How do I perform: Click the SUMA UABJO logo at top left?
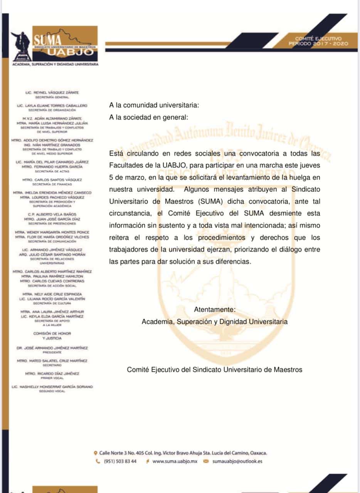(55, 44)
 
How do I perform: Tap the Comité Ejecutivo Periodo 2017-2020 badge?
(318, 41)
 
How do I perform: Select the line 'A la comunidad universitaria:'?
(154, 104)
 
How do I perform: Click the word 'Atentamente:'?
(214, 310)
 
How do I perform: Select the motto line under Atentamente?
(214, 321)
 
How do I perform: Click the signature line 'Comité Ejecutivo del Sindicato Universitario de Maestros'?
(215, 370)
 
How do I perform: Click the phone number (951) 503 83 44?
(120, 461)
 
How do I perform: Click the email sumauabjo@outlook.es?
(237, 461)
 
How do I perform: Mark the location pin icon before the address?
(96, 453)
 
